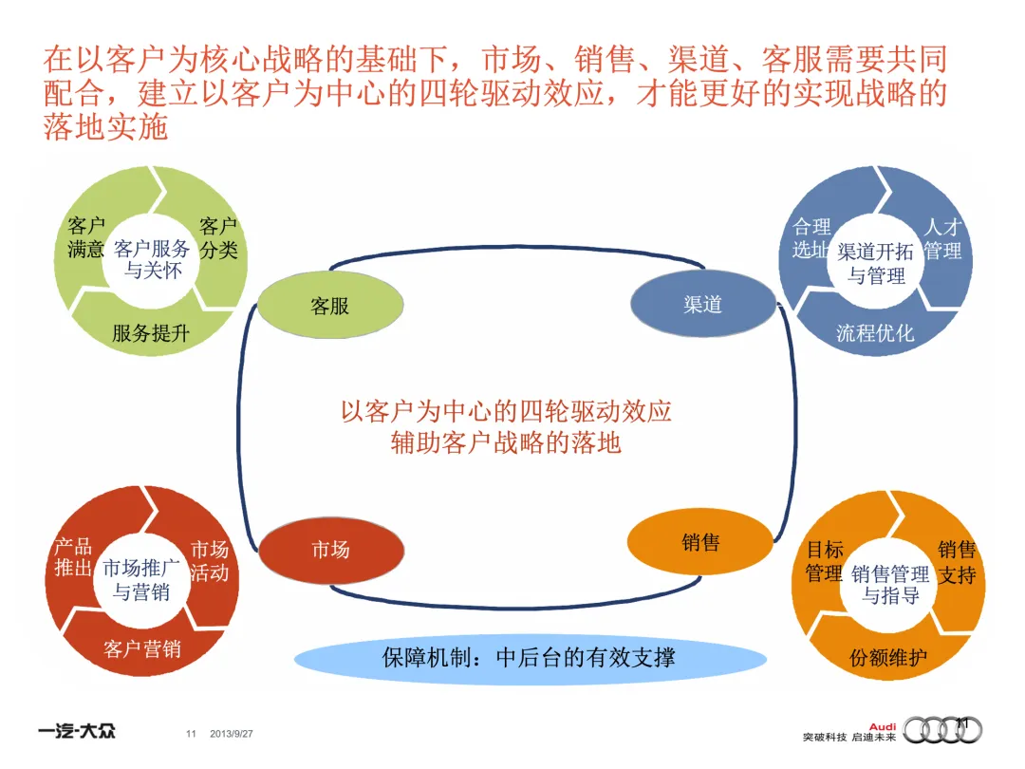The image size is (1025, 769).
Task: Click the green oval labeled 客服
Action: [x=330, y=307]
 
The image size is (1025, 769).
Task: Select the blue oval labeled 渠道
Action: [x=702, y=305]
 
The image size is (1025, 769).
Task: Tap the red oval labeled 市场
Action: [x=330, y=550]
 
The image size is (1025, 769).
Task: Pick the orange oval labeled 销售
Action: [x=700, y=542]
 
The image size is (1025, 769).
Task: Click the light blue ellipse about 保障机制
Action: [x=529, y=657]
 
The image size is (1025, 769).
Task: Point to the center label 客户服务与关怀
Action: [x=152, y=259]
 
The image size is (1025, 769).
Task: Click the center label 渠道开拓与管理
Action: [x=876, y=264]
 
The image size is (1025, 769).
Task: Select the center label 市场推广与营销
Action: [x=141, y=580]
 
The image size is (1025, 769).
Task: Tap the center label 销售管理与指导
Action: [x=890, y=585]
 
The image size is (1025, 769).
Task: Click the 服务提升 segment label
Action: [x=151, y=333]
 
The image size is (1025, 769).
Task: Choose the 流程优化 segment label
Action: [x=875, y=333]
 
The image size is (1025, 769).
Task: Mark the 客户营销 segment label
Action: [x=142, y=649]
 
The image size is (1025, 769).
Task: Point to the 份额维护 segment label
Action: [x=888, y=657]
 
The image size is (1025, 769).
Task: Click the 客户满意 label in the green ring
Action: [x=86, y=238]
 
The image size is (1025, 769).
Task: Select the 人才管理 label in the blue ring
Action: [x=943, y=239]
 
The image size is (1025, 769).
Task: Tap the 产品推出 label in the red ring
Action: [x=73, y=558]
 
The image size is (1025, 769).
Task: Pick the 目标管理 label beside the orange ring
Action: [x=824, y=562]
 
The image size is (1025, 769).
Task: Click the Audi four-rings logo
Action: [x=942, y=729]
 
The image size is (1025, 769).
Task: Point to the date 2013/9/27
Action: [x=232, y=734]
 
